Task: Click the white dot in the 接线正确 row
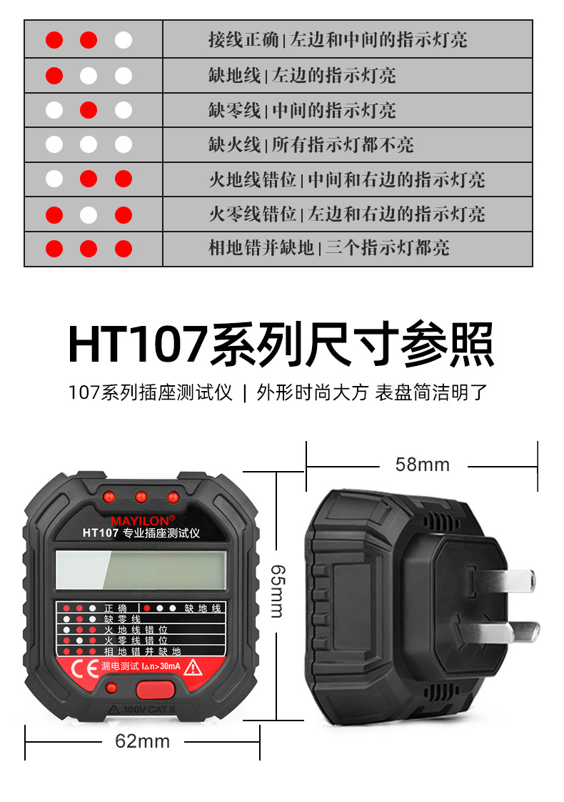pyautogui.click(x=124, y=40)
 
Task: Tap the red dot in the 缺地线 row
pyautogui.click(x=54, y=75)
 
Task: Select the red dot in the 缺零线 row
pyautogui.click(x=89, y=110)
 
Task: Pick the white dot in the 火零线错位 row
pyautogui.click(x=89, y=214)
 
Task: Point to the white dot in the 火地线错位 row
pyautogui.click(x=54, y=179)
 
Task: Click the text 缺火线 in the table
pyautogui.click(x=234, y=145)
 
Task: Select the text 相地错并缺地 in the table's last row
pyautogui.click(x=261, y=249)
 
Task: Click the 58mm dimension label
pyautogui.click(x=423, y=465)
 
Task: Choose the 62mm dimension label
pyautogui.click(x=143, y=741)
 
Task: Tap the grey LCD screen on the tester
pyautogui.click(x=141, y=570)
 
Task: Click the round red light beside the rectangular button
pyautogui.click(x=111, y=688)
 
